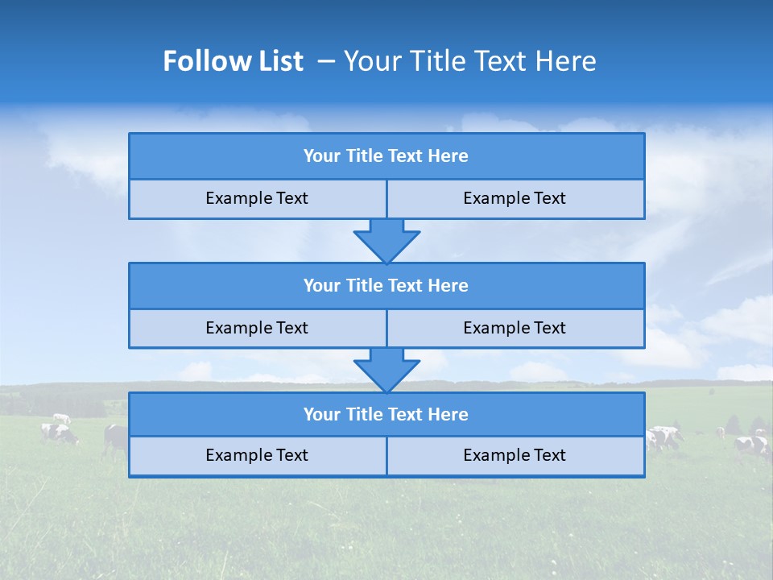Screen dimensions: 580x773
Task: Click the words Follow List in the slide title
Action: [234, 61]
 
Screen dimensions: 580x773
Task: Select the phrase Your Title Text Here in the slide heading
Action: [469, 61]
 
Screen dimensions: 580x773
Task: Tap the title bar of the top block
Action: [386, 156]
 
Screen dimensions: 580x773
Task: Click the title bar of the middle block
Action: [386, 286]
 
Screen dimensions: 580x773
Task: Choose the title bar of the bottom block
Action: [386, 415]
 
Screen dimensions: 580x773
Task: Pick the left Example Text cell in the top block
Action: [257, 199]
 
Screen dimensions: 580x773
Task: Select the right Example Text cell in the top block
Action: [515, 199]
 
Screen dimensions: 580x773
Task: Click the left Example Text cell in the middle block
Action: [257, 329]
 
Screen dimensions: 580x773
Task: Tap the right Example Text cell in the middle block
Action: [515, 329]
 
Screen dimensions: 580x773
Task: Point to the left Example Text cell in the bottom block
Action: [257, 456]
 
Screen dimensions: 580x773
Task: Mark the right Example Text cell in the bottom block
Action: [515, 456]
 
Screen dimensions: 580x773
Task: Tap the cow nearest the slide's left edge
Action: [60, 433]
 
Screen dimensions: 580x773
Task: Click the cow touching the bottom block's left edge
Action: [116, 438]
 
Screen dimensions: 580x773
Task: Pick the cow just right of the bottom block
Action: [663, 437]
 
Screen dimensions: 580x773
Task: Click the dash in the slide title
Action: [326, 61]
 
